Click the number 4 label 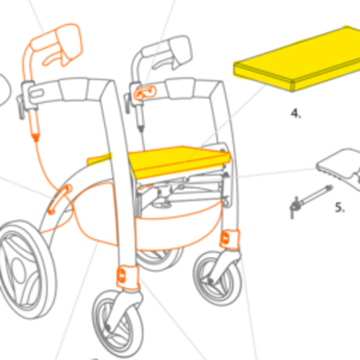[x=296, y=113]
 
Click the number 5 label [x=340, y=207]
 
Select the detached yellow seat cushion [x=297, y=59]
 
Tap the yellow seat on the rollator [x=180, y=161]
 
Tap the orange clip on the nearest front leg [x=128, y=276]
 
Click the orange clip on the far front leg [x=230, y=239]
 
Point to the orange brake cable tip [x=36, y=138]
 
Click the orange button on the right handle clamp [x=145, y=93]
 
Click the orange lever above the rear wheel [x=59, y=199]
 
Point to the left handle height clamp [x=27, y=96]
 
